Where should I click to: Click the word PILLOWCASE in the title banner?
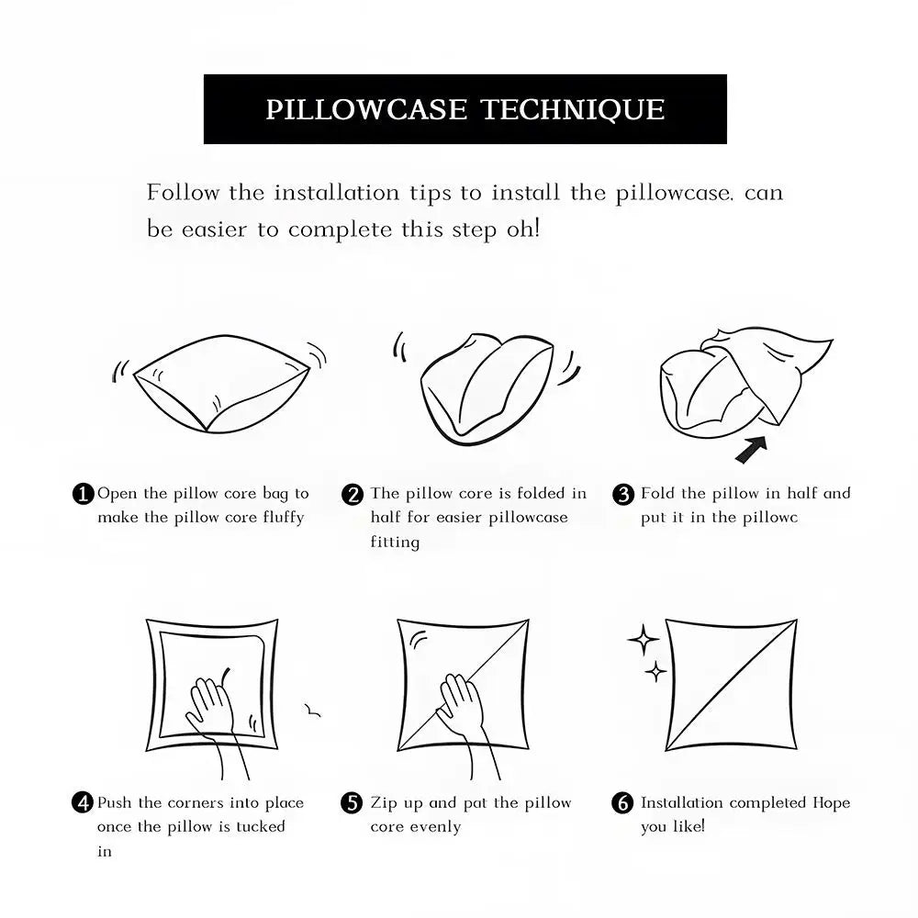pos(366,109)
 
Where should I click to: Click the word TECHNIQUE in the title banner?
pos(573,110)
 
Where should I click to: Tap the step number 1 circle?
pos(84,494)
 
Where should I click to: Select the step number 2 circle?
pos(353,495)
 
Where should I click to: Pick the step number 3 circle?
pos(623,495)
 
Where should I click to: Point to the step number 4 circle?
pos(83,802)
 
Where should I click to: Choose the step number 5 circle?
pos(352,802)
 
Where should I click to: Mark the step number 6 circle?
pos(622,802)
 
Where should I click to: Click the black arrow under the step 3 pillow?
pos(751,450)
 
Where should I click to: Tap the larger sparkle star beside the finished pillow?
pos(643,640)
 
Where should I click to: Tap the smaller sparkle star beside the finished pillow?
pos(655,672)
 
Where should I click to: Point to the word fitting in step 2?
pos(395,543)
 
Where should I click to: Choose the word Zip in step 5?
pos(384,803)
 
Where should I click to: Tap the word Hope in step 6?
pos(832,803)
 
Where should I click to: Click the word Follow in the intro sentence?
pos(183,193)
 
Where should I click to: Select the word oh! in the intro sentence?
pos(523,229)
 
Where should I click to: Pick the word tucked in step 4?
pos(261,827)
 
